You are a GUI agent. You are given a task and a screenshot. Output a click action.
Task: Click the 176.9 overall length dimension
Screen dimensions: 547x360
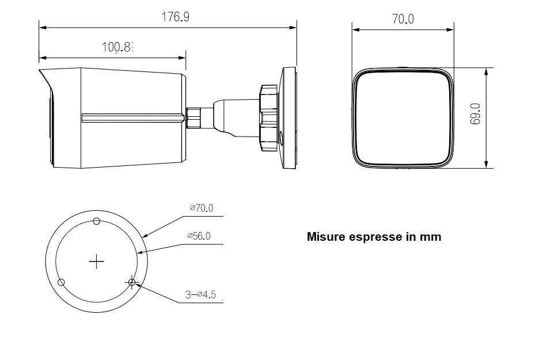[175, 17]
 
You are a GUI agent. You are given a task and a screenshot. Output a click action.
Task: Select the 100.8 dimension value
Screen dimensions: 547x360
[117, 47]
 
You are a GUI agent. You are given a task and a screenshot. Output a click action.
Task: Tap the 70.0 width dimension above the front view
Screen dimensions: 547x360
[403, 19]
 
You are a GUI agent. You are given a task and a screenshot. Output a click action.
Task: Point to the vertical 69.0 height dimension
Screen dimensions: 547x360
[475, 113]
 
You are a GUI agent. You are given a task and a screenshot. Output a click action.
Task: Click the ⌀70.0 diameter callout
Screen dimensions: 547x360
[202, 208]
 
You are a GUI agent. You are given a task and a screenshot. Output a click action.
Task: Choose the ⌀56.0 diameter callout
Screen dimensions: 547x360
[199, 236]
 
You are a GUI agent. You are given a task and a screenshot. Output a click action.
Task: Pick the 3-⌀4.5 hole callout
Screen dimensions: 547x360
[200, 295]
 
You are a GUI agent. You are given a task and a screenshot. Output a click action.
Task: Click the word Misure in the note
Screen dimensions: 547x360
[326, 237]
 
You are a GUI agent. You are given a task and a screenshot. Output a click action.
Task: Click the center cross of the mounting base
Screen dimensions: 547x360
[97, 262]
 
